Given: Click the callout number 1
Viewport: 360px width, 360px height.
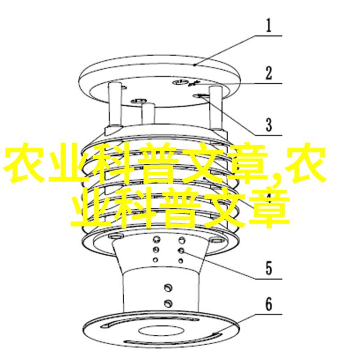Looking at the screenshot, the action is pyautogui.click(x=269, y=25).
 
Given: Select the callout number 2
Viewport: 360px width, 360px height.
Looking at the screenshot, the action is pyautogui.click(x=269, y=73).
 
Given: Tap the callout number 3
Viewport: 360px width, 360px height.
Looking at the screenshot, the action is pyautogui.click(x=269, y=125).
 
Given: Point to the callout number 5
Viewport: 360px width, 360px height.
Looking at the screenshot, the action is pyautogui.click(x=269, y=268).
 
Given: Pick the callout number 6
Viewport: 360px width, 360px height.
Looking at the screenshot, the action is pyautogui.click(x=269, y=304).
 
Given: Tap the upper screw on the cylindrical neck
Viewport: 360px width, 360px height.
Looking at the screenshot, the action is pyautogui.click(x=168, y=288).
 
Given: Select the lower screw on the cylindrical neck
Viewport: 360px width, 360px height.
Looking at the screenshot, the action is pyautogui.click(x=168, y=303).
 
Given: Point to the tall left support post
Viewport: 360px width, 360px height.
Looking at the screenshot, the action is pyautogui.click(x=115, y=104).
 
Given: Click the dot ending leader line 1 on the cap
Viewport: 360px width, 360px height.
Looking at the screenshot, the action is pyautogui.click(x=194, y=65).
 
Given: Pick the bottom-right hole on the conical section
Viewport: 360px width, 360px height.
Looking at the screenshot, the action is pyautogui.click(x=181, y=261).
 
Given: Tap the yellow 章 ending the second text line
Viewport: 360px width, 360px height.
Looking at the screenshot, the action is pyautogui.click(x=269, y=208).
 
